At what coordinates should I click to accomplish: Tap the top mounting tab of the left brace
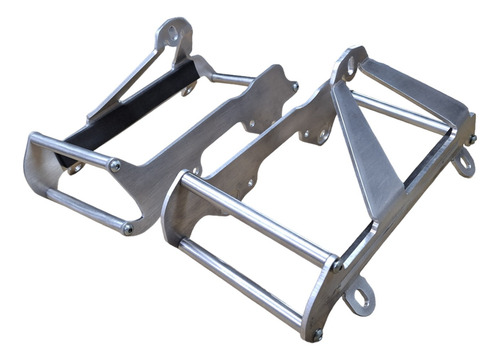[176, 34]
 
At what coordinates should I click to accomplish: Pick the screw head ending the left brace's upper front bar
[115, 165]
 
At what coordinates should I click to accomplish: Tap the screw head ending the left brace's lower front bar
[127, 229]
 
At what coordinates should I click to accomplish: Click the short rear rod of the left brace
[236, 79]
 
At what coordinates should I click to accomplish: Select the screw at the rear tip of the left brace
[294, 86]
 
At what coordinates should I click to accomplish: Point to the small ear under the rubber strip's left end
[76, 168]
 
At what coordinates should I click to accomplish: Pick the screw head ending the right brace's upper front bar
[338, 266]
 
